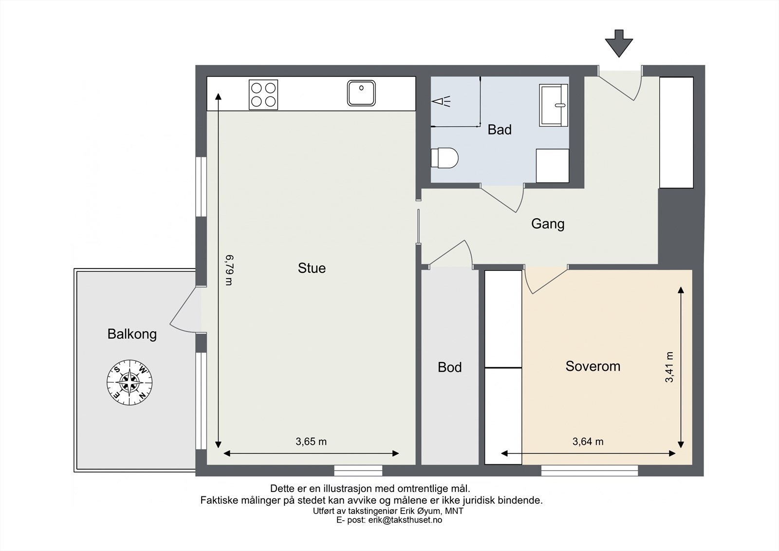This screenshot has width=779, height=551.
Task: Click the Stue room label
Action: tap(312, 268)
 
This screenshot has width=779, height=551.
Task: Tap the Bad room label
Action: tap(500, 130)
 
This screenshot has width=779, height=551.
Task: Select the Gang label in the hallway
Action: tap(548, 224)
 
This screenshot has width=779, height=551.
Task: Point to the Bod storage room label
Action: tap(450, 367)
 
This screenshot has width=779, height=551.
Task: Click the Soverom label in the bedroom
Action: tap(593, 366)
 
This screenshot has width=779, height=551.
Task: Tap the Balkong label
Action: tap(132, 334)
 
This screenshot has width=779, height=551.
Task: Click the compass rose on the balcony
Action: tap(130, 382)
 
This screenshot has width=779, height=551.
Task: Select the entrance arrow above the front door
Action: tap(619, 43)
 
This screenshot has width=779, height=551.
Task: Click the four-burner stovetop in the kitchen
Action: tap(263, 95)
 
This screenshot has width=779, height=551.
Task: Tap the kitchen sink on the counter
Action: tap(361, 93)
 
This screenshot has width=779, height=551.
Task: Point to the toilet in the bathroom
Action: tap(445, 158)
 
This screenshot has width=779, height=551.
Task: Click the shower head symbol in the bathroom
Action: tap(441, 101)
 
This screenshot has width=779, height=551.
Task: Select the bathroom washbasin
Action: tap(554, 105)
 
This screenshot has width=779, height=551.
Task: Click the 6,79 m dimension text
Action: tap(229, 270)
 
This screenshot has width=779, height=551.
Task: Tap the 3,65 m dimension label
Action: tap(311, 442)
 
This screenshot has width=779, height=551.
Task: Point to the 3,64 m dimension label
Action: tap(588, 442)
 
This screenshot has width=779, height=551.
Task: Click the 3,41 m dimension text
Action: tap(669, 367)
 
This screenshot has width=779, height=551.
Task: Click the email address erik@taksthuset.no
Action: tap(405, 520)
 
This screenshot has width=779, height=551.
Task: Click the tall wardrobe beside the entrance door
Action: tap(676, 133)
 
